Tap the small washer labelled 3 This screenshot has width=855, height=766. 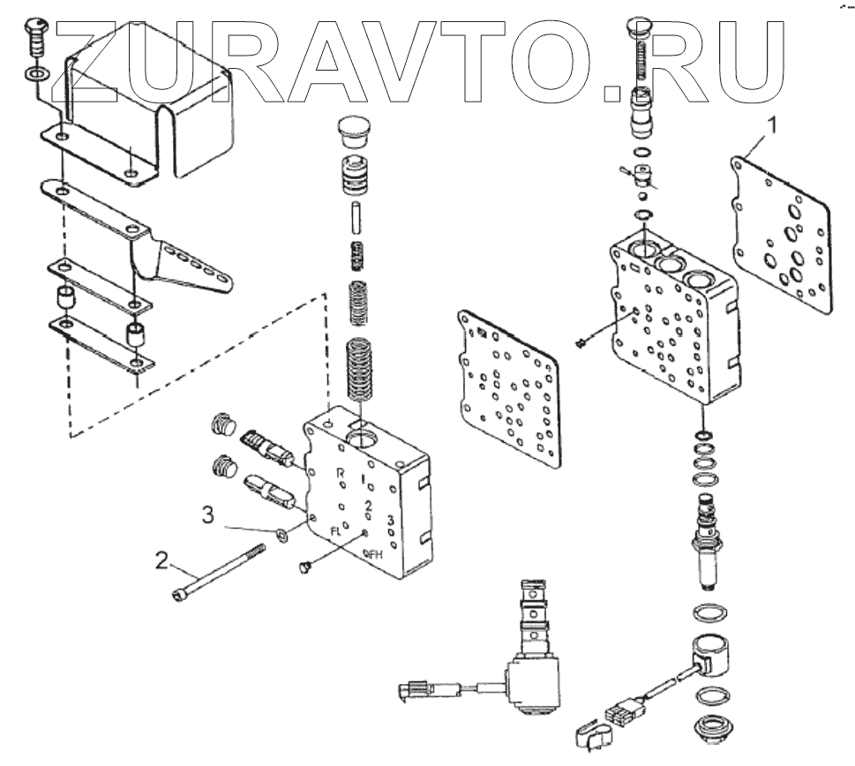click(281, 534)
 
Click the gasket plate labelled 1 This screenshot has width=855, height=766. click(783, 231)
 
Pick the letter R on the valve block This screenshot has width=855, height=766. click(341, 474)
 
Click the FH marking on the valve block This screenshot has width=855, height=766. click(374, 554)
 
